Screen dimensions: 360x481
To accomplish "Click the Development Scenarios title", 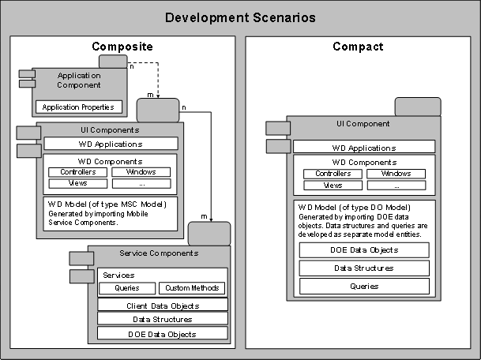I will coord(239,17).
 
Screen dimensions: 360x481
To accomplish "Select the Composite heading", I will coord(122,47).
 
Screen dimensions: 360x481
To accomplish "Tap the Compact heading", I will coord(358,47).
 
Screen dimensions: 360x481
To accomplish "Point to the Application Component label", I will coord(79,80).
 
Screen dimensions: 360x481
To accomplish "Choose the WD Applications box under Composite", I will coord(110,144).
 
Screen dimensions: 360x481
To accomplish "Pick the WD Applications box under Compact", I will coord(364,147).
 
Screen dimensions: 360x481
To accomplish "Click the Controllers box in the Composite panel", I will coord(77,171).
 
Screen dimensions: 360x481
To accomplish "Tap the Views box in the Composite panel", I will coord(77,183).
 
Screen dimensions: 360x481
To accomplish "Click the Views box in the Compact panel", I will coord(333,186).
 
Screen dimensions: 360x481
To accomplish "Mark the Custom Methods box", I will coord(193,288).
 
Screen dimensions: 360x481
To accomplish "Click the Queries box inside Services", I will coord(126,288).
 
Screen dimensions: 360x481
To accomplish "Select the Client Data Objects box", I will coord(163,305).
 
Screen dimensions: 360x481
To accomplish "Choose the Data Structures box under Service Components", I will coord(163,319).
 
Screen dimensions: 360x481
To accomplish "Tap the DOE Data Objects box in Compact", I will coord(364,249).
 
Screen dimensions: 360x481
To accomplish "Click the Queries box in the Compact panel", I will coord(364,286).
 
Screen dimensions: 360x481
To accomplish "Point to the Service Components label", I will coord(159,253).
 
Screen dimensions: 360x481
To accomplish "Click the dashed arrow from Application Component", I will coord(159,79).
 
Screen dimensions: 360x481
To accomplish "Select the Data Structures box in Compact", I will coord(364,268).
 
